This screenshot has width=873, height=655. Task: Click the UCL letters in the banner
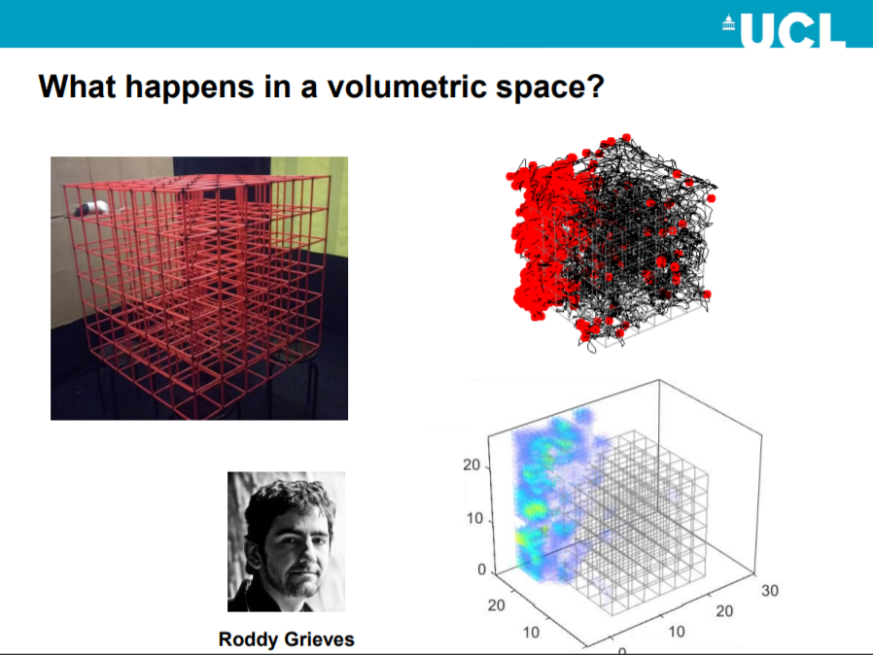point(793,30)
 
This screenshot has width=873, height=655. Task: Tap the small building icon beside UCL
point(729,23)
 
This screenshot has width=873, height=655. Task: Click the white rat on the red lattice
point(92,209)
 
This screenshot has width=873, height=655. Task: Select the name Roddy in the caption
point(247,638)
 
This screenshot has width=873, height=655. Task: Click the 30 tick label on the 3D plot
point(769,591)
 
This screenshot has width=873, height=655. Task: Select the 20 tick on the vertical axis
point(471,465)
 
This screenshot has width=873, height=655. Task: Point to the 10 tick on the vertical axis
point(474,519)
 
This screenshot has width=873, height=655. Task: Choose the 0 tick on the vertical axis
point(481,569)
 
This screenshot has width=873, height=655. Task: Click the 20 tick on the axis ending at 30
point(724,611)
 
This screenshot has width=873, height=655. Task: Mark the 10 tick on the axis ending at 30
point(677,632)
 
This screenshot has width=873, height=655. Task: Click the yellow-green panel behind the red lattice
point(309,206)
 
